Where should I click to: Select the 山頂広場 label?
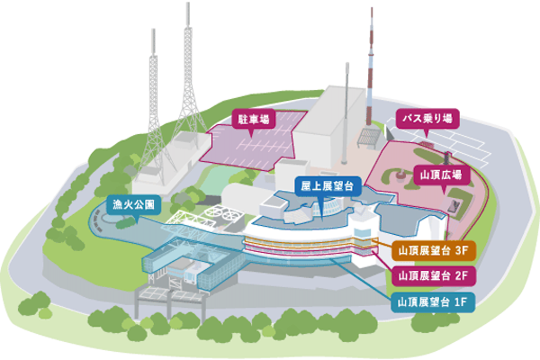440,174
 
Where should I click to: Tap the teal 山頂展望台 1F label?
433,301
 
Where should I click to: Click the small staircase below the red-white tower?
367,137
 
